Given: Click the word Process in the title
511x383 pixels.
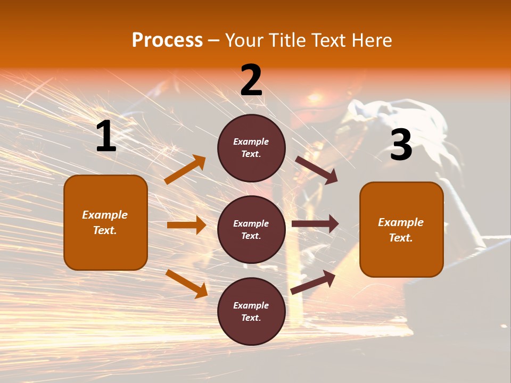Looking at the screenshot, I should [x=167, y=40].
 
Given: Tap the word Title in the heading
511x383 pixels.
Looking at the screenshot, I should [x=285, y=40].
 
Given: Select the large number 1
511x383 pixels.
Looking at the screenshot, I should [x=106, y=136].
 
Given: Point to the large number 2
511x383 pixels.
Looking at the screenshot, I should [x=251, y=80].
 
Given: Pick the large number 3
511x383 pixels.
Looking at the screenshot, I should [x=401, y=145].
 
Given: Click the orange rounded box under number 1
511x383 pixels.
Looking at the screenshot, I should [x=105, y=222].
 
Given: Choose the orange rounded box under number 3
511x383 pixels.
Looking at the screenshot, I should [x=401, y=229].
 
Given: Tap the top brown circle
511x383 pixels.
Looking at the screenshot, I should [x=251, y=148].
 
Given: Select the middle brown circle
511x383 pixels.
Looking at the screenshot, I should [x=251, y=229].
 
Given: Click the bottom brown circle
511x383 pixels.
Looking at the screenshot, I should [x=251, y=311].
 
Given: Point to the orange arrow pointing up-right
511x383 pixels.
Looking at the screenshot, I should [x=185, y=169].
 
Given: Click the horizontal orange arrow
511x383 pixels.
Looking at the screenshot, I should [x=186, y=225].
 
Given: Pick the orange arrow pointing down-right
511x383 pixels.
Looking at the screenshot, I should [x=186, y=284].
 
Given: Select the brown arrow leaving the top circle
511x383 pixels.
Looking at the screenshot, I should [x=317, y=170].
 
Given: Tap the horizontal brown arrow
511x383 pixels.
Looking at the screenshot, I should [x=315, y=224].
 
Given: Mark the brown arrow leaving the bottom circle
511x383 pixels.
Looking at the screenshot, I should [x=314, y=282].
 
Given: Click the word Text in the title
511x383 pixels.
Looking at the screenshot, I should [x=327, y=40].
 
